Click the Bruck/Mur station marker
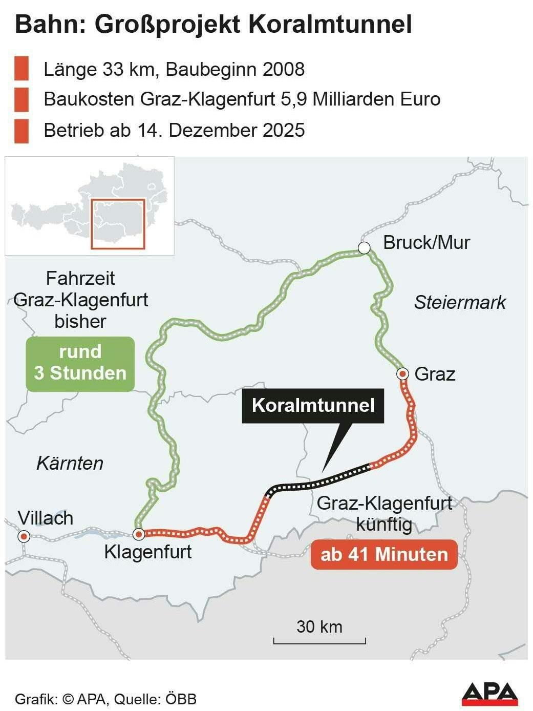click(x=364, y=248)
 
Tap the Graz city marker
click(x=402, y=374)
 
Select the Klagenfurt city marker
click(x=139, y=535)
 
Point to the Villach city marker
click(x=24, y=536)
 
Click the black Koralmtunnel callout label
click(x=313, y=406)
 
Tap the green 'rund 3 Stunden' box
click(x=80, y=363)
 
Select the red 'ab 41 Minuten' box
click(x=384, y=555)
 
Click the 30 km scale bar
click(x=319, y=640)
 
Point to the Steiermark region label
click(x=459, y=303)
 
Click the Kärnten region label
click(x=70, y=463)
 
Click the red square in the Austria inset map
click(x=118, y=224)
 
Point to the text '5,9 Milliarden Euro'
click(x=361, y=99)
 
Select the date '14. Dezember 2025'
click(x=221, y=130)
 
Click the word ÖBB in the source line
click(x=182, y=699)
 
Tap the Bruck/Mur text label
click(x=426, y=242)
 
